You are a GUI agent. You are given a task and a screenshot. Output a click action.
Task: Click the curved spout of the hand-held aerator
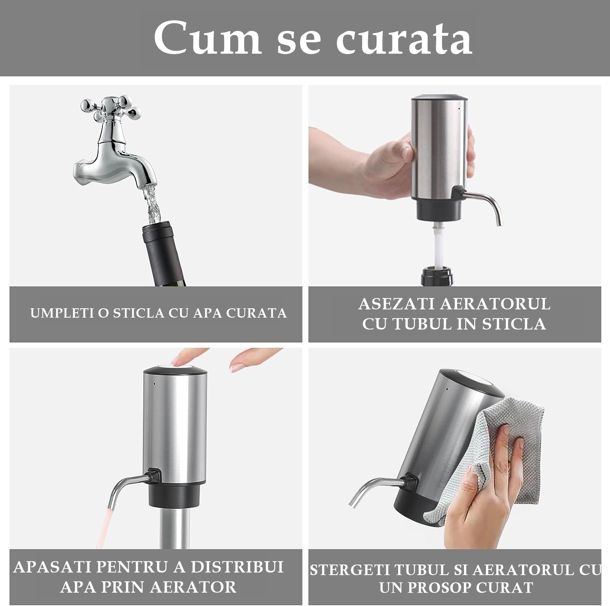[484, 203]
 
